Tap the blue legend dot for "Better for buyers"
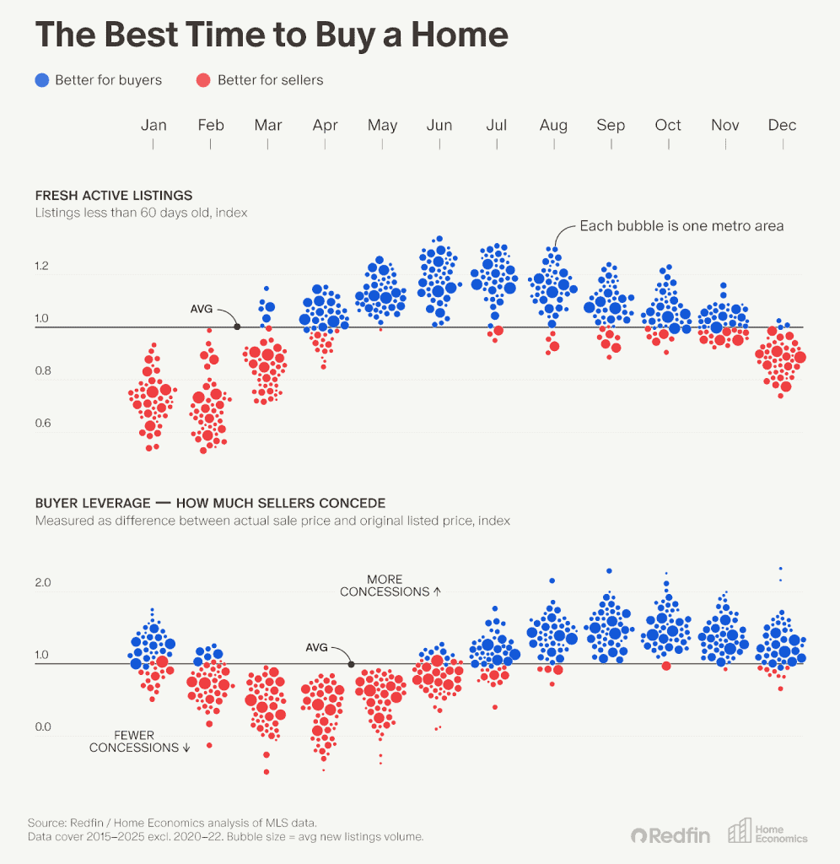41,80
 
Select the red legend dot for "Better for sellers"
203,80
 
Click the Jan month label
153,125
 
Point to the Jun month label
439,125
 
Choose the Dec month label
782,125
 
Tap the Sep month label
611,125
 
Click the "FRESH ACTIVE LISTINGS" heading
114,196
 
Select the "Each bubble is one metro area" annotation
681,225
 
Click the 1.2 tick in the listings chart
42,267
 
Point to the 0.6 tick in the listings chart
42,423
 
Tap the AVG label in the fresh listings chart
202,310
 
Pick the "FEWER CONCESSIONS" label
134,742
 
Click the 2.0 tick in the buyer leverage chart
43,583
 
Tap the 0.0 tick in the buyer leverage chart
43,727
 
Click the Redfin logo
670,835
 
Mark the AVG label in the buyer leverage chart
316,647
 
